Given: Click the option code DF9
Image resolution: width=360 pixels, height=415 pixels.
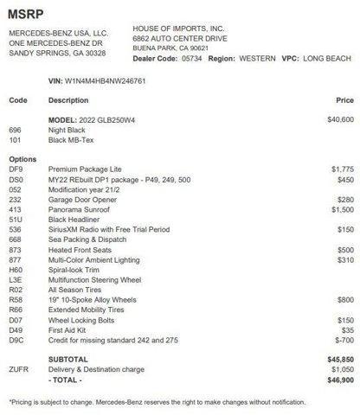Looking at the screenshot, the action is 15,169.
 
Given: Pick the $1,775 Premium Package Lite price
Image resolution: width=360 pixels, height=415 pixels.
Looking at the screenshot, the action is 338,169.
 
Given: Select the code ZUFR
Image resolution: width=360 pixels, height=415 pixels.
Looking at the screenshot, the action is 19,368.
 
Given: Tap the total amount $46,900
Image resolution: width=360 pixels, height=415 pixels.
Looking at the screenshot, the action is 336,379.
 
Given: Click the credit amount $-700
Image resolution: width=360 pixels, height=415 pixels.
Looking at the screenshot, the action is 340,340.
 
